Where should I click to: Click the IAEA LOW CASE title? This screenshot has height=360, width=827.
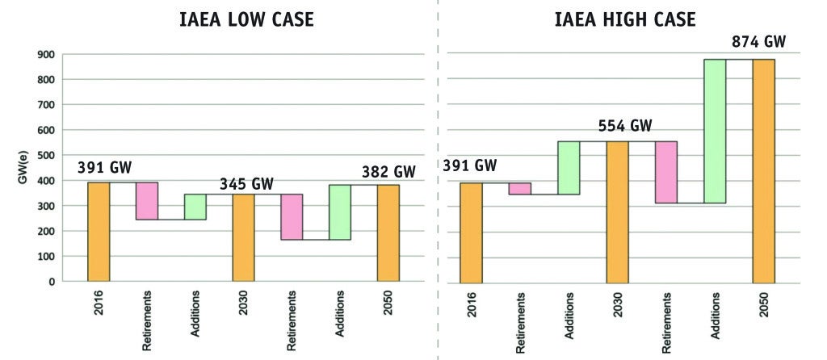[x=246, y=20]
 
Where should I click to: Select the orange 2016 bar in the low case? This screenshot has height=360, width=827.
[x=99, y=232]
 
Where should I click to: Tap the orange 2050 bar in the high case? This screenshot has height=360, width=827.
[x=763, y=171]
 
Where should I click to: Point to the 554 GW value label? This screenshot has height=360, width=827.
[x=625, y=127]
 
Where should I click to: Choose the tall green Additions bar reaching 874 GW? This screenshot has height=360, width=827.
[x=715, y=131]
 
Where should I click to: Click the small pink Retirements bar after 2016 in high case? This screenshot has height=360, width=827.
[x=519, y=189]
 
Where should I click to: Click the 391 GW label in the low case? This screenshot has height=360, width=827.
[x=104, y=168]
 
